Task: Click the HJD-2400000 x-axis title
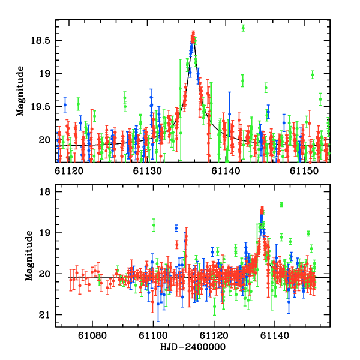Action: coord(193,347)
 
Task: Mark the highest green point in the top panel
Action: coord(243,28)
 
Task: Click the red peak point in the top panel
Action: coord(193,33)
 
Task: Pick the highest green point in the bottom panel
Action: coord(281,205)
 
